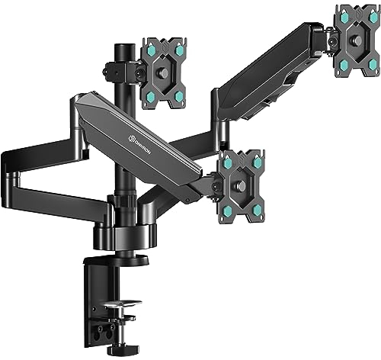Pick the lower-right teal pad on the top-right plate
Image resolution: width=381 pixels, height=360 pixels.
coord(373,65)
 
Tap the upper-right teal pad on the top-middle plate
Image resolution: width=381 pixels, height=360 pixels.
coord(180,50)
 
